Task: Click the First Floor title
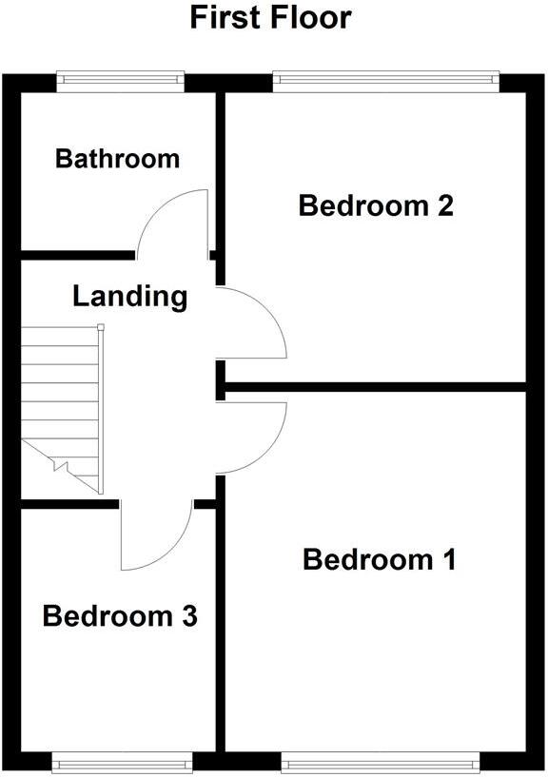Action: [271, 17]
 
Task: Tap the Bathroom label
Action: [117, 158]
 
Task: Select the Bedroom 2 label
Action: [375, 205]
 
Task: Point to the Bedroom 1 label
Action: [380, 559]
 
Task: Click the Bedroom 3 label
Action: [120, 616]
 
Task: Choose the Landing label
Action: [129, 296]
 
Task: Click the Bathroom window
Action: [120, 80]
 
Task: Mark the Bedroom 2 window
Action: [385, 80]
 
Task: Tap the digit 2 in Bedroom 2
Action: [441, 205]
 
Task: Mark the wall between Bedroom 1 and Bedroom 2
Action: [376, 386]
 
